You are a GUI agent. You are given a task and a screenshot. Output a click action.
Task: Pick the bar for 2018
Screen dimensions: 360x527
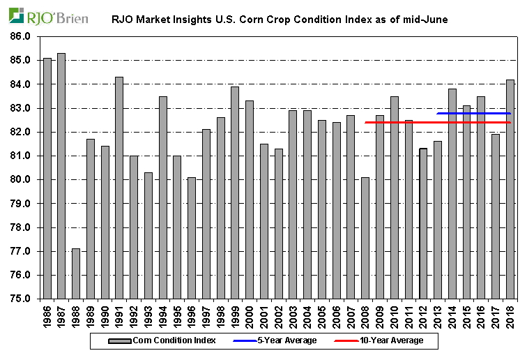pos(510,189)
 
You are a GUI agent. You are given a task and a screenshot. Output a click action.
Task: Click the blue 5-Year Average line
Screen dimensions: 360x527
pos(474,113)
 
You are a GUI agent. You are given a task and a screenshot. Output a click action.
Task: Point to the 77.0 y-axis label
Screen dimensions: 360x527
pos(22,251)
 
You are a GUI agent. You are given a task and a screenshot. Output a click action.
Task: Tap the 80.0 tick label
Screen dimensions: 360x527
pos(22,180)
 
